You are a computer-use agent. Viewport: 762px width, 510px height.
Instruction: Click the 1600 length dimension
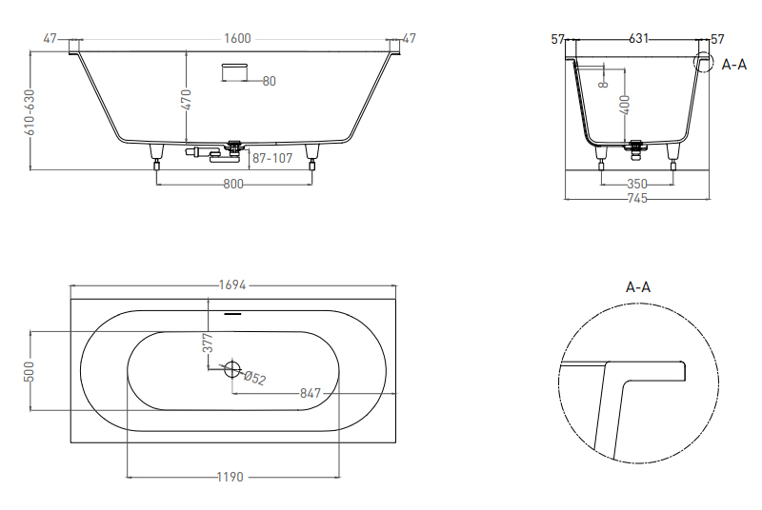pos(237,39)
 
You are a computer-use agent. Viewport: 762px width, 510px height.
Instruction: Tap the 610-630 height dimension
pos(30,112)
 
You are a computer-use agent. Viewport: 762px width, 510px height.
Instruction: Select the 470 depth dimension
pos(186,100)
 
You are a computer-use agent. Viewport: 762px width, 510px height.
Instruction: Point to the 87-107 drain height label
pos(272,158)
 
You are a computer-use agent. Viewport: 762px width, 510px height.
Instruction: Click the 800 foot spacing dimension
pos(233,184)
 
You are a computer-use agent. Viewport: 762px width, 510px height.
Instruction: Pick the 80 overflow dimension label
pos(270,81)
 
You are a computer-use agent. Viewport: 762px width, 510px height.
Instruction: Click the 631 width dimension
pos(638,38)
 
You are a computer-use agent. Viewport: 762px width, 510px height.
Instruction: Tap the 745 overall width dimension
pos(636,198)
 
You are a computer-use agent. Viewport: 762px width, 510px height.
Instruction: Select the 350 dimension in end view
pos(636,184)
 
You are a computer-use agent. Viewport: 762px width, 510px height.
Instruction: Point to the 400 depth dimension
pos(625,105)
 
